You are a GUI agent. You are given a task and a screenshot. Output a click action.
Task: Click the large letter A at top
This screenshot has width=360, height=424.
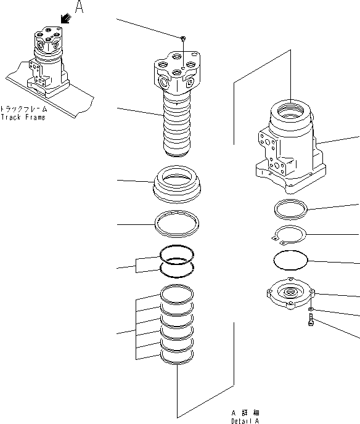click(x=78, y=7)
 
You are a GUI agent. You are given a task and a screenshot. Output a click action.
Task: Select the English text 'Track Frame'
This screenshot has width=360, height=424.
click(x=23, y=117)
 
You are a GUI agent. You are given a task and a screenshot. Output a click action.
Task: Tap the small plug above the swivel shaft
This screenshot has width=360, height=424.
click(x=184, y=39)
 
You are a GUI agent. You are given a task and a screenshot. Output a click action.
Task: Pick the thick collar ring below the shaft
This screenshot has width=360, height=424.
click(x=177, y=182)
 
